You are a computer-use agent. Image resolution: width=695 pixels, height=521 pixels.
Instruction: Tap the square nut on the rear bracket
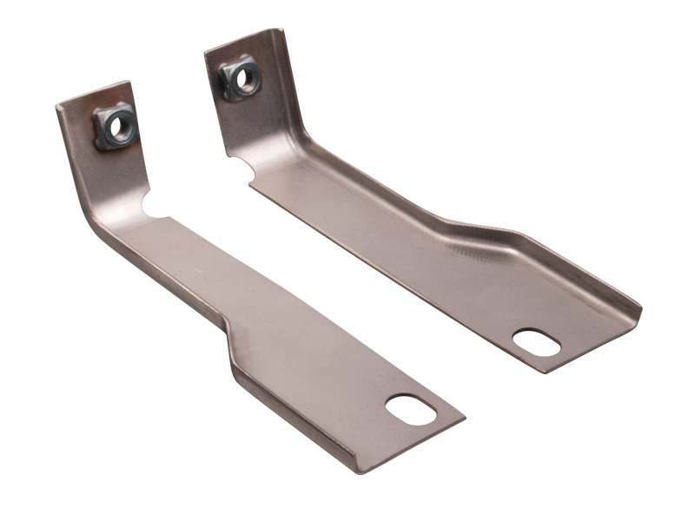click(237, 78)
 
